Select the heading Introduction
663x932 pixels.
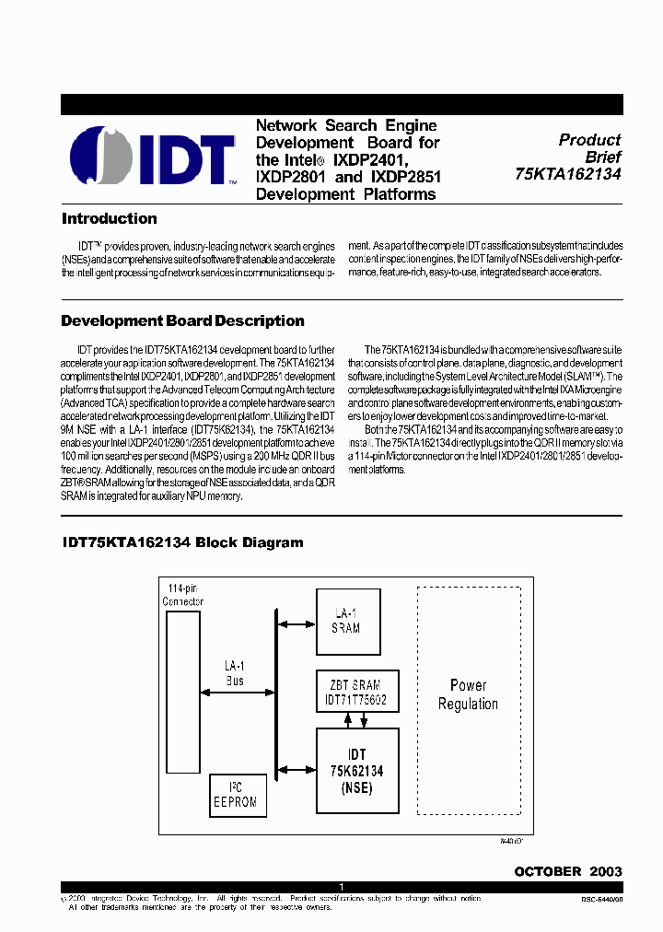point(109,219)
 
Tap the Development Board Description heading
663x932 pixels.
point(182,321)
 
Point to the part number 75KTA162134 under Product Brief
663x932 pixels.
point(568,174)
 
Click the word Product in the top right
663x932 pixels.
point(589,140)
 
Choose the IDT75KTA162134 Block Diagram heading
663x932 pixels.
point(181,542)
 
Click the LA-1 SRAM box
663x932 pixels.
point(345,622)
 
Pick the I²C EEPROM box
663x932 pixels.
point(235,795)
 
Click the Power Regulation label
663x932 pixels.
point(468,695)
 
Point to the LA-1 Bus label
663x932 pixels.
point(235,672)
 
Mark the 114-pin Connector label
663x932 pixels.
point(183,595)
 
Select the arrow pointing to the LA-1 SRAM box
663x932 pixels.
point(296,624)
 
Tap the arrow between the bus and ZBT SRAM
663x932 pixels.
point(296,692)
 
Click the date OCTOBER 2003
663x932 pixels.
point(567,871)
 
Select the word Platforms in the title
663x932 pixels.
point(397,194)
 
